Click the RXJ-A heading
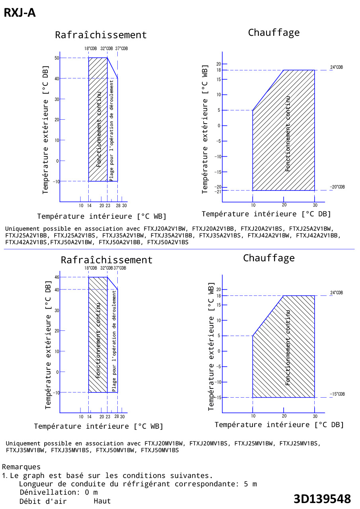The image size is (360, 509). click(19, 13)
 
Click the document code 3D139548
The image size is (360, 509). click(322, 499)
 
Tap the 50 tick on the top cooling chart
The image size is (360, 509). click(57, 58)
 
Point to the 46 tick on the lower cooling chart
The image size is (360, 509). click(57, 277)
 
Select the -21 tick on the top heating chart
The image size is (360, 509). click(218, 192)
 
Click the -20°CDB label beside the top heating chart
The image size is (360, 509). click(337, 187)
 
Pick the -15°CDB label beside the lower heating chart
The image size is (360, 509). click(337, 394)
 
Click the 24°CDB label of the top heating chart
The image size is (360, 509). click(336, 67)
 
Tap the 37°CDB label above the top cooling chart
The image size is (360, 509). click(122, 49)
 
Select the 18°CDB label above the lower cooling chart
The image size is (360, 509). click(90, 268)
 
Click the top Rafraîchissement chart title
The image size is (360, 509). click(101, 35)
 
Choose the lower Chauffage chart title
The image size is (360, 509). click(269, 258)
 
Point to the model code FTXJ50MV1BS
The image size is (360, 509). click(160, 451)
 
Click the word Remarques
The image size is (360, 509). click(21, 467)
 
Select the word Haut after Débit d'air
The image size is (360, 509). click(102, 501)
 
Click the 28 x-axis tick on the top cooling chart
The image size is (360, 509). click(118, 206)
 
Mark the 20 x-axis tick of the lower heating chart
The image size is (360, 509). click(284, 416)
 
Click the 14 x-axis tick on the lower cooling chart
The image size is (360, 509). click(89, 417)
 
